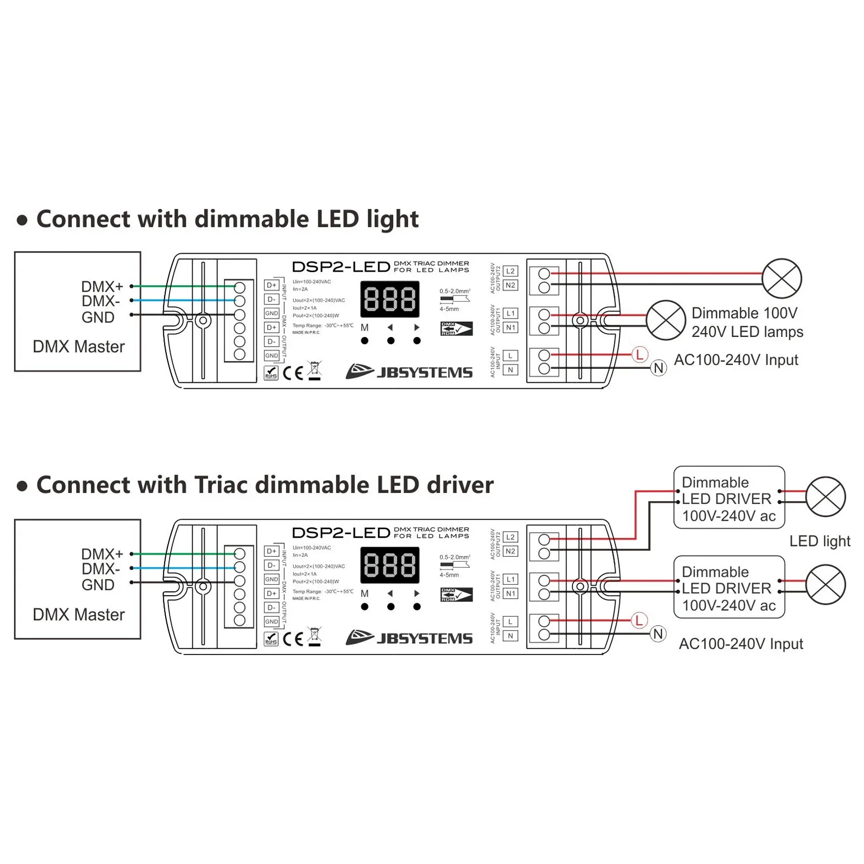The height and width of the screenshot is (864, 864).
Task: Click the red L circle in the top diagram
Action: click(x=639, y=355)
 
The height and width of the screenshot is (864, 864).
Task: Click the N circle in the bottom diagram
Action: click(x=658, y=634)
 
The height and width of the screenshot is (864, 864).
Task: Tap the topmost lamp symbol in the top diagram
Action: click(x=781, y=279)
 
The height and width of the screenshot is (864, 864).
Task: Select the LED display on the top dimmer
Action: click(x=390, y=299)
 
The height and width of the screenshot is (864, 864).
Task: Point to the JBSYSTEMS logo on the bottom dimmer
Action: click(x=409, y=638)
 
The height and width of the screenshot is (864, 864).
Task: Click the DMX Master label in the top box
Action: click(x=79, y=347)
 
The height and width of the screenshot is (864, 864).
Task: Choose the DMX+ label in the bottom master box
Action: click(x=102, y=554)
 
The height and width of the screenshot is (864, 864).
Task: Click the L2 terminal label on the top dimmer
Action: click(x=510, y=271)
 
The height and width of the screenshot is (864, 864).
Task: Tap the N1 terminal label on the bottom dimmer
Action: click(x=510, y=593)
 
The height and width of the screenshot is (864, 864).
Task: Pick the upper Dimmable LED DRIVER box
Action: click(x=729, y=498)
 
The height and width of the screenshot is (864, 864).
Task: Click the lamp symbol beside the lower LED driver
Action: click(x=825, y=585)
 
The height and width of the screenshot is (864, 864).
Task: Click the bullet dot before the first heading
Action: click(x=22, y=220)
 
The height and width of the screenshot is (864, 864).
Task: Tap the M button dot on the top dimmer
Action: click(x=365, y=341)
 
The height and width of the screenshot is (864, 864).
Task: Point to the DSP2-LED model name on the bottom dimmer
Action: click(x=341, y=533)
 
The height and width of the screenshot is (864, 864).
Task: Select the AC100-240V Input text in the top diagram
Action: click(x=736, y=360)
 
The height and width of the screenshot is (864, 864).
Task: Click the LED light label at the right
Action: click(x=820, y=541)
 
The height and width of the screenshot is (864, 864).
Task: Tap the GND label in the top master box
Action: click(x=98, y=318)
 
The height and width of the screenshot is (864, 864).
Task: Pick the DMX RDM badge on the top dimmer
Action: click(x=456, y=329)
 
